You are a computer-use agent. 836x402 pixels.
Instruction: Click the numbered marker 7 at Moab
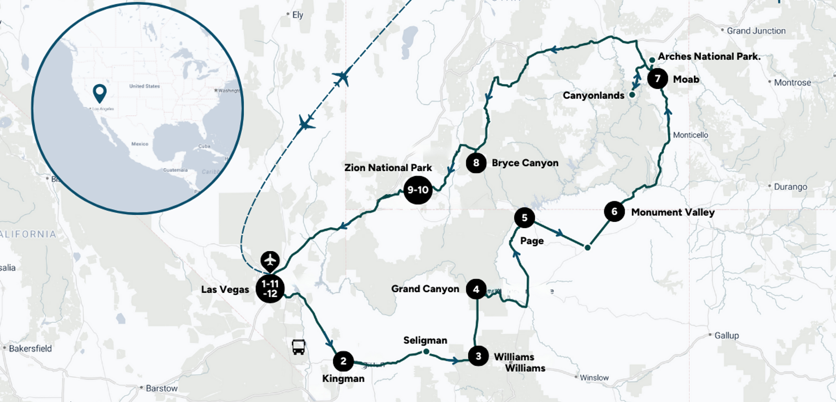tap(657, 79)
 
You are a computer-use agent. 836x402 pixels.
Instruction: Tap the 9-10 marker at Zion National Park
tap(418, 190)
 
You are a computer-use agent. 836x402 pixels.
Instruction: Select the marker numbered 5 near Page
tap(525, 218)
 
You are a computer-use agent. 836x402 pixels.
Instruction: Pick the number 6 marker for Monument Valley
tap(614, 212)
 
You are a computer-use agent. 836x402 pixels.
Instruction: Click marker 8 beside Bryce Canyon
tap(476, 163)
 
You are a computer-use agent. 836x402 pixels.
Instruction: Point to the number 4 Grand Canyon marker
tap(476, 289)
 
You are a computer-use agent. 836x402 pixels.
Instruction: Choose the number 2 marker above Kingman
tap(343, 361)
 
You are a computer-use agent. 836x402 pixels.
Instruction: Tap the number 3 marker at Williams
tap(478, 356)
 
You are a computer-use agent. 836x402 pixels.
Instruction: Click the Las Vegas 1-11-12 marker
tap(270, 289)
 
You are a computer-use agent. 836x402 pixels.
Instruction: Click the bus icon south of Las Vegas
tap(298, 347)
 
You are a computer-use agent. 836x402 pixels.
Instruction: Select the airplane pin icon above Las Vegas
tap(270, 260)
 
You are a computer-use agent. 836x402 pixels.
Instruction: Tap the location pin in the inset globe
tap(100, 93)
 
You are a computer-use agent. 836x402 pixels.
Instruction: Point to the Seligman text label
tap(425, 340)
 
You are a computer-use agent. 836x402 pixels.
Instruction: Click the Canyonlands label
tap(594, 95)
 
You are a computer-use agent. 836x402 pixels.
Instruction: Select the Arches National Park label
tap(709, 57)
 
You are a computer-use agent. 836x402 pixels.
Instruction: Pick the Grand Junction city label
tap(756, 31)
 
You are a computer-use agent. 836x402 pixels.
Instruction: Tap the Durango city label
tap(790, 187)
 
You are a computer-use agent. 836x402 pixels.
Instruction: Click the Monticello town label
tap(690, 135)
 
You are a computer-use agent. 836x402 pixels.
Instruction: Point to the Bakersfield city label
tap(30, 349)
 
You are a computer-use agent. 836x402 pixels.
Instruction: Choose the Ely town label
tap(298, 15)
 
